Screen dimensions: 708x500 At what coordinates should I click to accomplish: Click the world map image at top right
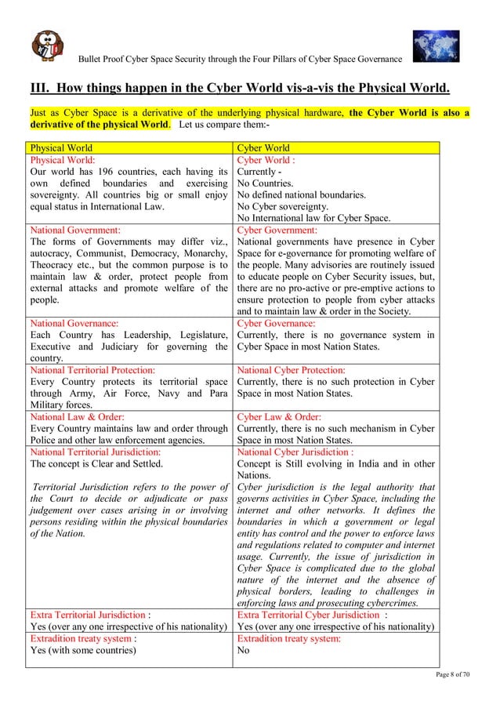(x=437, y=46)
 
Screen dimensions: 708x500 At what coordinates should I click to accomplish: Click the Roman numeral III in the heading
(x=38, y=85)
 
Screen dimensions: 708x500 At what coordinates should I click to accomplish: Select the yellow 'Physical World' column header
(x=61, y=147)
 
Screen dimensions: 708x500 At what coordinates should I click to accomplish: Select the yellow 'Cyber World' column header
(x=263, y=147)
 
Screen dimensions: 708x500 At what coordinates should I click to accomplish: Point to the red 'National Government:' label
(x=75, y=231)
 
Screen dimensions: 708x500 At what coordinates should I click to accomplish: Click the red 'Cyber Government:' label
(x=277, y=231)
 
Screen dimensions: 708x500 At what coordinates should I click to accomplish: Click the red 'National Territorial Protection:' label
(x=92, y=369)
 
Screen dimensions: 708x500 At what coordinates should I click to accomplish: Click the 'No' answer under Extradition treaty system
(x=244, y=650)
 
